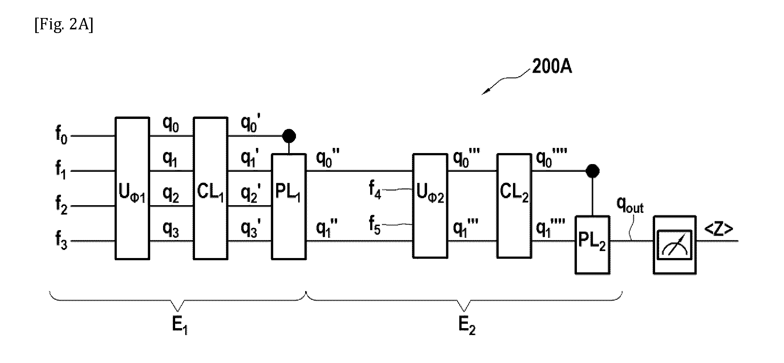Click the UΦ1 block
pos(133,188)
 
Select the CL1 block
pos(210,188)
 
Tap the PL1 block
pos(289,207)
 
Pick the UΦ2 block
pos(430,206)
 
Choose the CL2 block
pos(514,206)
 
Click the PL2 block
pos(592,245)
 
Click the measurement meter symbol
pos(675,245)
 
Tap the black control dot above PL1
pos(289,136)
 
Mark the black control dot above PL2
pos(592,171)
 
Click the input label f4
pos(375,189)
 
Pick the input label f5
pos(375,225)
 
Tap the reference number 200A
pos(552,67)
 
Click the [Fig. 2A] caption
pos(64,26)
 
